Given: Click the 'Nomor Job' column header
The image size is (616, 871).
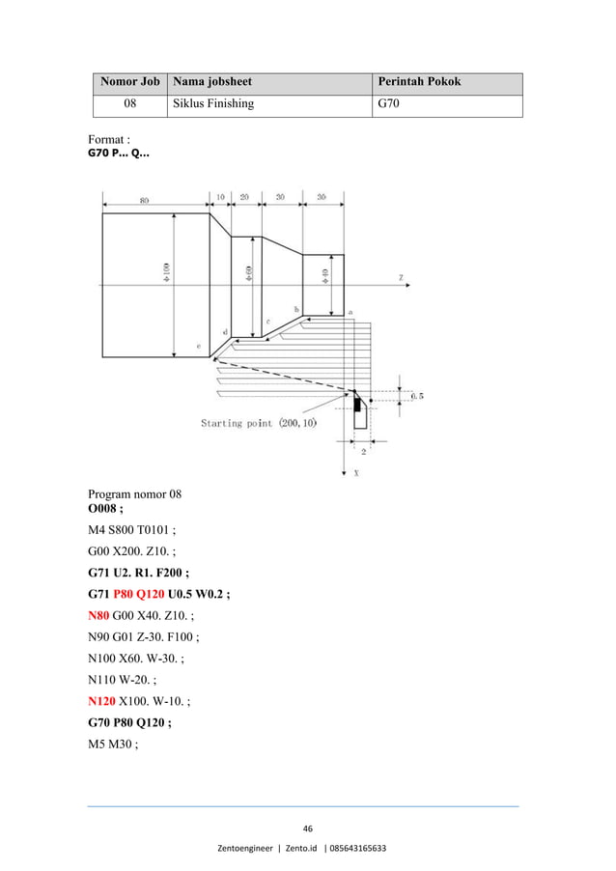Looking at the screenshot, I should pyautogui.click(x=129, y=82).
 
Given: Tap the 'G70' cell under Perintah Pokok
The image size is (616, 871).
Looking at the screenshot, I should pyautogui.click(x=387, y=103).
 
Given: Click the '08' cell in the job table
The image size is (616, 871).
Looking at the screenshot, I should pyautogui.click(x=129, y=103).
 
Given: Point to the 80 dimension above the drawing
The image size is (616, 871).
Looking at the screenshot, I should pyautogui.click(x=144, y=200).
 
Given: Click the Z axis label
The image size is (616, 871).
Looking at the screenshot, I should pyautogui.click(x=401, y=277).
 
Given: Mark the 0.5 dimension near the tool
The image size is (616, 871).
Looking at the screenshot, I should pyautogui.click(x=416, y=395).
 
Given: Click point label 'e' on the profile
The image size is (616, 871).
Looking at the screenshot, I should pyautogui.click(x=199, y=346).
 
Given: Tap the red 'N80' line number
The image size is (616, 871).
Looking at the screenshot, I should pyautogui.click(x=100, y=614).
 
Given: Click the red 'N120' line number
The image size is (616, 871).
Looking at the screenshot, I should pyautogui.click(x=103, y=700).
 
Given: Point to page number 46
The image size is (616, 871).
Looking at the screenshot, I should pyautogui.click(x=308, y=829).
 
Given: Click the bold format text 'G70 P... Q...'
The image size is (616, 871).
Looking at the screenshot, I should pyautogui.click(x=118, y=153).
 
